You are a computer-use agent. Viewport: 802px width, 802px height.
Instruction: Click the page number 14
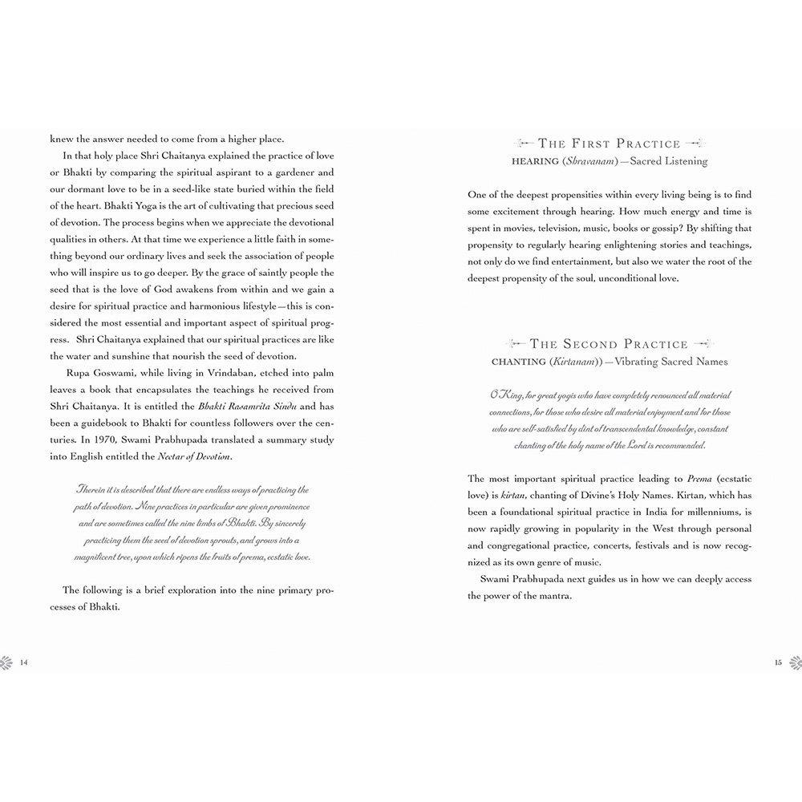pyautogui.click(x=23, y=662)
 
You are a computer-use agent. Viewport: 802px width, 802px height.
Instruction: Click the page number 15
pyautogui.click(x=778, y=662)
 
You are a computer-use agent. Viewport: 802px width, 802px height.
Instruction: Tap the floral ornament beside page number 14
pyautogui.click(x=7, y=662)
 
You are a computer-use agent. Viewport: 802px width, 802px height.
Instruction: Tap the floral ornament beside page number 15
pyautogui.click(x=795, y=662)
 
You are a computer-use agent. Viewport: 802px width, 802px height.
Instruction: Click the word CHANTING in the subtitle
pyautogui.click(x=525, y=362)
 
